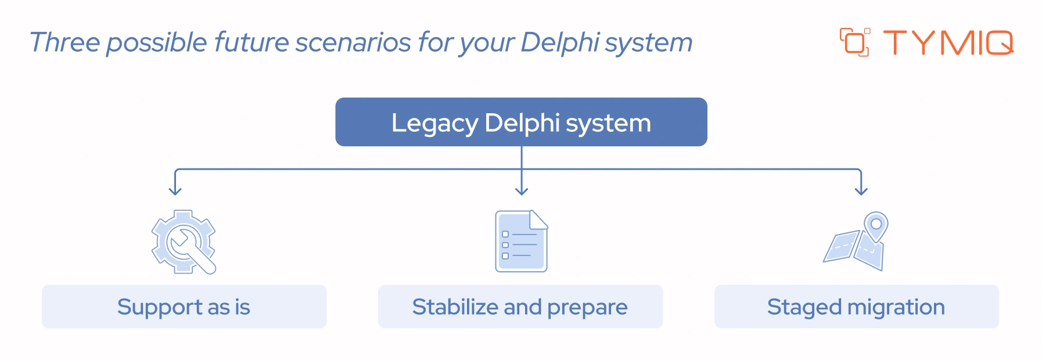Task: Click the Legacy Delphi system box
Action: [x=521, y=122]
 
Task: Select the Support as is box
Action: [x=184, y=307]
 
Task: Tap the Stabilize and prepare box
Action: [x=520, y=307]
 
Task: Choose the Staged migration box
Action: [x=856, y=307]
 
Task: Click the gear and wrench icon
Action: [x=184, y=242]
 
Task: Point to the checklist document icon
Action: [x=521, y=241]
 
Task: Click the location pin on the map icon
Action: [x=876, y=225]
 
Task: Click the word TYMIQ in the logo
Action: [x=948, y=43]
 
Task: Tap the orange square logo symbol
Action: [x=854, y=42]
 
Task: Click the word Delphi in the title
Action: [x=560, y=42]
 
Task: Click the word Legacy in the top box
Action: [x=434, y=123]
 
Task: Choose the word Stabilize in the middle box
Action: [x=455, y=307]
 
